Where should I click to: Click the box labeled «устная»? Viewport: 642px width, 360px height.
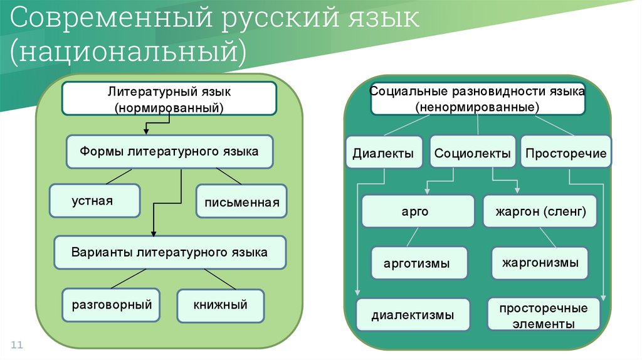pyautogui.click(x=95, y=201)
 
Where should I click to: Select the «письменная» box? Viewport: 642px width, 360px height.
pyautogui.click(x=241, y=201)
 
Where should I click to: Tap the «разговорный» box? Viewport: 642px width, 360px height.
pyautogui.click(x=112, y=305)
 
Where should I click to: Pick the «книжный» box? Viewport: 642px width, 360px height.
pyautogui.click(x=220, y=305)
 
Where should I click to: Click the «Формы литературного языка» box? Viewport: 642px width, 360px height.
pyautogui.click(x=169, y=152)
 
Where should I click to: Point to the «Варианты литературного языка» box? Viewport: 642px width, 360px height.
pyautogui.click(x=169, y=253)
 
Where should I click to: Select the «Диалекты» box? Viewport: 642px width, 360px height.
pyautogui.click(x=383, y=153)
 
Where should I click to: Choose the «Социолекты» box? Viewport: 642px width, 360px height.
pyautogui.click(x=472, y=153)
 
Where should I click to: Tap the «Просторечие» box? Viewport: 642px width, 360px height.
pyautogui.click(x=566, y=153)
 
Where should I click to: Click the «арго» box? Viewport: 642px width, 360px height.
pyautogui.click(x=418, y=211)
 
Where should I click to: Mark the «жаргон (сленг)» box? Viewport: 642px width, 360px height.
pyautogui.click(x=540, y=211)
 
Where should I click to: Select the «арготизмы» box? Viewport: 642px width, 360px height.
pyautogui.click(x=417, y=263)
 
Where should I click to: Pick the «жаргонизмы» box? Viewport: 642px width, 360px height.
pyautogui.click(x=539, y=263)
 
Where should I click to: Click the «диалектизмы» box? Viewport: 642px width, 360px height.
pyautogui.click(x=412, y=315)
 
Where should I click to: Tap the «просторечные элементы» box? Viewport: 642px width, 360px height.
pyautogui.click(x=543, y=315)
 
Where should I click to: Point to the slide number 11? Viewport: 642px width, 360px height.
pyautogui.click(x=17, y=345)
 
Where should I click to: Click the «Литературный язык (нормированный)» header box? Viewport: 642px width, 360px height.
pyautogui.click(x=169, y=99)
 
